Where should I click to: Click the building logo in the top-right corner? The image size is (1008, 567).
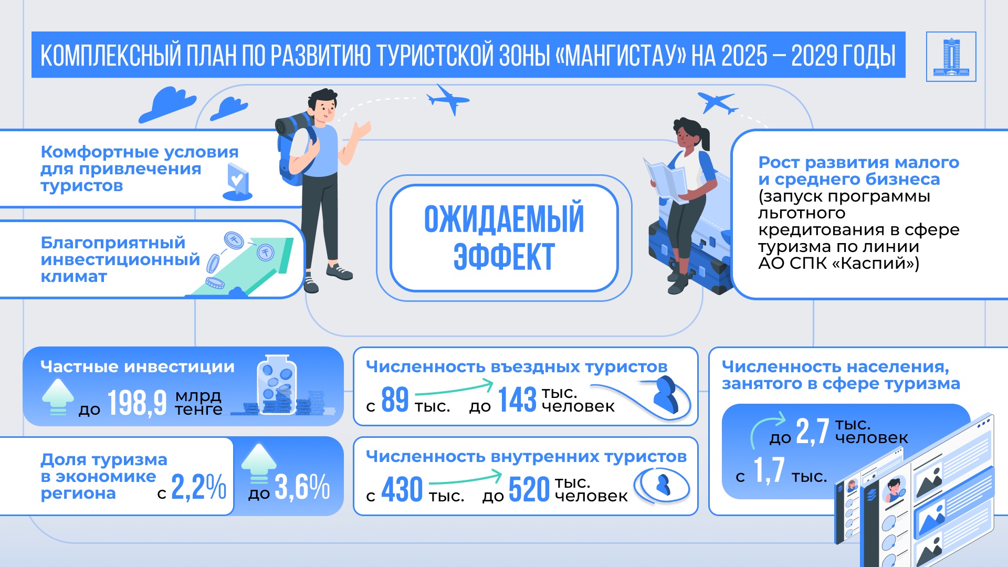click(x=951, y=57)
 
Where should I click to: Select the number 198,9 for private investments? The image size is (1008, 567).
click(x=137, y=403)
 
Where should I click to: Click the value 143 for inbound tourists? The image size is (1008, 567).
click(x=517, y=400)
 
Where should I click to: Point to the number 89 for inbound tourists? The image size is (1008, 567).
click(x=395, y=399)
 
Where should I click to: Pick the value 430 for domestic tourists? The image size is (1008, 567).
click(x=402, y=489)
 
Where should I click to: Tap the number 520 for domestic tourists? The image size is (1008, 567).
click(x=529, y=489)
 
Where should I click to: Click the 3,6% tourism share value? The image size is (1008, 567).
click(x=302, y=487)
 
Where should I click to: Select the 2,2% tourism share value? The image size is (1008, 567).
click(x=199, y=487)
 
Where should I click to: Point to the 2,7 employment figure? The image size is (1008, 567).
click(x=812, y=432)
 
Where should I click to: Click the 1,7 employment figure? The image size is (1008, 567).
click(x=769, y=470)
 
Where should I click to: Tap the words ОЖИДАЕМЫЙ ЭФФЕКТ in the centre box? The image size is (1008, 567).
click(x=504, y=238)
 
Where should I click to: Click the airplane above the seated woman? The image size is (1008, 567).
click(x=717, y=102)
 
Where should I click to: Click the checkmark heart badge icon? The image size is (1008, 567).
click(x=238, y=182)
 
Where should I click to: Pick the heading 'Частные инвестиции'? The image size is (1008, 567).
click(x=138, y=366)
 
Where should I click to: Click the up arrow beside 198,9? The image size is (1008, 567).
click(x=58, y=397)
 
